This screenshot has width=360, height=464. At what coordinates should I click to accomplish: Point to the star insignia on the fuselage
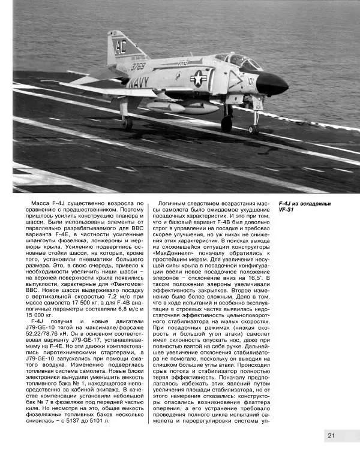(x=199, y=77)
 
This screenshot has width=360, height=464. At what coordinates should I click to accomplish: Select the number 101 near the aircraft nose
(x=249, y=77)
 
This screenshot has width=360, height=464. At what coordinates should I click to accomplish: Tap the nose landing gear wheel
(x=254, y=129)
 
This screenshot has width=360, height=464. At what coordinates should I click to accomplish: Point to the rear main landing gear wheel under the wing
(x=127, y=122)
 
